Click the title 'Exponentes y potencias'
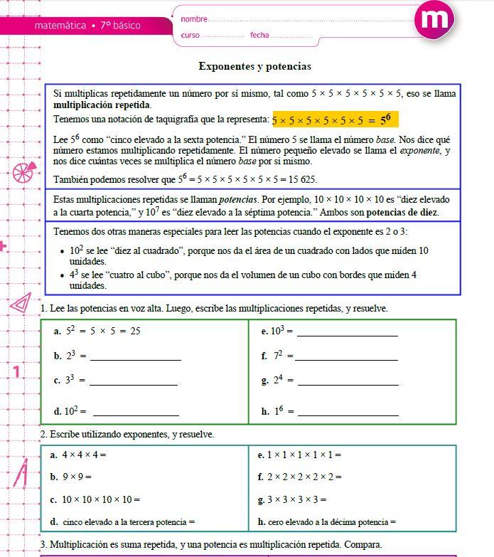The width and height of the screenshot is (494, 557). (254, 66)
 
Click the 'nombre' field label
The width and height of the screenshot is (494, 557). (194, 18)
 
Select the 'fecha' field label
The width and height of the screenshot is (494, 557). (259, 35)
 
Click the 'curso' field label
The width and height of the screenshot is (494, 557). (190, 35)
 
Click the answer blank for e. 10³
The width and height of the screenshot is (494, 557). (348, 332)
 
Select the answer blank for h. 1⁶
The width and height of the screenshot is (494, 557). (348, 412)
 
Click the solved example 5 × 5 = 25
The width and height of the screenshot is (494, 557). (112, 331)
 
